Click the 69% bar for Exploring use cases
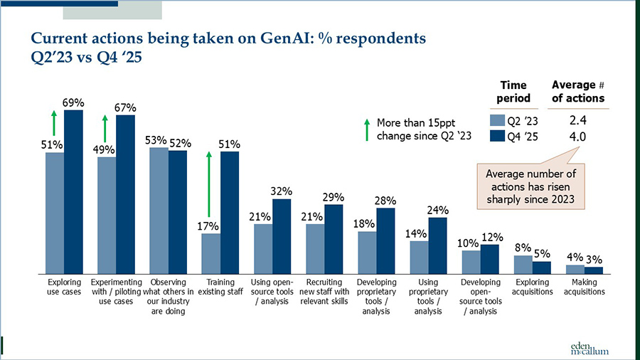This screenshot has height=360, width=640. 73,192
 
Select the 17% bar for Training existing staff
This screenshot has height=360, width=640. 211,253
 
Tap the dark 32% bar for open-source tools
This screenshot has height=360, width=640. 282,236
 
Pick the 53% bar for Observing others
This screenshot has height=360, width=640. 159,211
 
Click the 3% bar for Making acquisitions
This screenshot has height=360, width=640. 593,270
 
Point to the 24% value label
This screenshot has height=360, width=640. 438,210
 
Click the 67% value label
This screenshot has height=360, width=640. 126,107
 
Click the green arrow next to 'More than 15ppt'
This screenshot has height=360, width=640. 366,130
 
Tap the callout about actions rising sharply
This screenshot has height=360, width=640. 530,185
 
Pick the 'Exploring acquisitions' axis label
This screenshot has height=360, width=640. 533,287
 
